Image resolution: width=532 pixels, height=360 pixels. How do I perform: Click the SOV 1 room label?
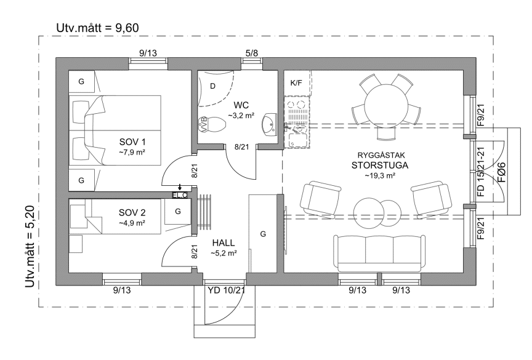[132, 142]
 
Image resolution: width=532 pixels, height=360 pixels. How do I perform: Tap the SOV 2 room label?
[132, 212]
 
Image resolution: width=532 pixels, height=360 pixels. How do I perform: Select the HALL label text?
[224, 242]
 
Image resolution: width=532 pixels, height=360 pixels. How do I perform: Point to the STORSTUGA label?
[380, 166]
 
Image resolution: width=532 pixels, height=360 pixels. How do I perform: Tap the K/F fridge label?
[296, 82]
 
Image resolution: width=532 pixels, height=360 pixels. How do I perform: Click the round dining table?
[386, 106]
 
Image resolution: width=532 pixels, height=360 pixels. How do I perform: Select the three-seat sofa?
[379, 252]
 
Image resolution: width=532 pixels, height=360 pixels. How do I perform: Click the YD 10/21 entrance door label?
[227, 290]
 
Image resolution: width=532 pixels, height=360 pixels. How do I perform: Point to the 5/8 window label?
[251, 53]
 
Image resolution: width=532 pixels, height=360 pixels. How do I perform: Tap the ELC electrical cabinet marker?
[180, 195]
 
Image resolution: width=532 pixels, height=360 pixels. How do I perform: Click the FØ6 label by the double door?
[501, 172]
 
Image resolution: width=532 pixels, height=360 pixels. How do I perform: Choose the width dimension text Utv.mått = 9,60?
[98, 28]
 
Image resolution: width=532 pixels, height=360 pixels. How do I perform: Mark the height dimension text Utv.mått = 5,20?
[30, 246]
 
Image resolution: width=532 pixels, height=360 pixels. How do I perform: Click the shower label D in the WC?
[212, 86]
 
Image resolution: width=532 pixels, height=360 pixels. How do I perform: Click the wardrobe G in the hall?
[262, 233]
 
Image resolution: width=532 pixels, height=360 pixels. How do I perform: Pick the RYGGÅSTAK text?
[381, 155]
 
